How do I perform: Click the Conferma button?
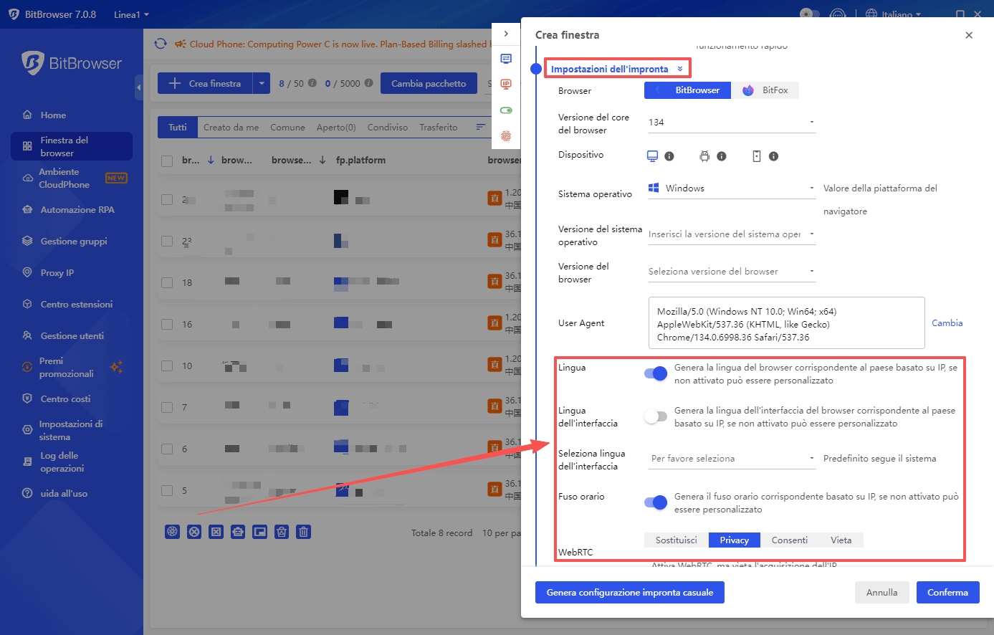point(947,593)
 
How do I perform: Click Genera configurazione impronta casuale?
point(629,593)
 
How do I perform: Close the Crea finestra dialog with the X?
point(969,35)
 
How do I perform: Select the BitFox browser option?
point(765,90)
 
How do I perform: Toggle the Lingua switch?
point(656,373)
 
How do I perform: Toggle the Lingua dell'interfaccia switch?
point(656,416)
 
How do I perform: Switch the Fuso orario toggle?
point(656,502)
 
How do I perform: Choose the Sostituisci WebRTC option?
point(676,540)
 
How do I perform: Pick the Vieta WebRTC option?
point(841,540)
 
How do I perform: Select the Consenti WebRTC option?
point(789,540)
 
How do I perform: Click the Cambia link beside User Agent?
point(947,323)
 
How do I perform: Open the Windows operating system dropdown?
point(731,188)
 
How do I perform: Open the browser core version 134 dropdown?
point(731,123)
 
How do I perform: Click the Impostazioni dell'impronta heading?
point(610,69)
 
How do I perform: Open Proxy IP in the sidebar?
point(57,273)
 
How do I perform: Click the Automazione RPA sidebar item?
point(77,210)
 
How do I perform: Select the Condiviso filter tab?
point(388,128)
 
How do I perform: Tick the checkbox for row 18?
point(167,282)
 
